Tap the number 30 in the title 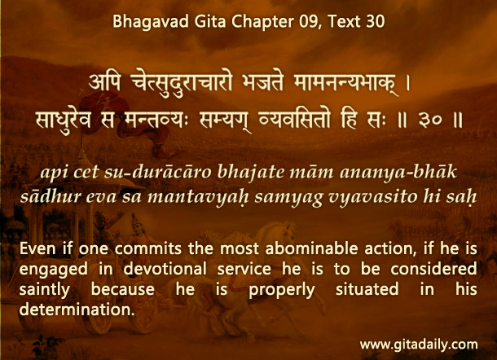point(376,21)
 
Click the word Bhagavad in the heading point(151,21)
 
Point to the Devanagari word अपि point(105,82)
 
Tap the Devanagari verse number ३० point(429,121)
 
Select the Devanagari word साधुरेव point(64,120)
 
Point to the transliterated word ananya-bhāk point(398,172)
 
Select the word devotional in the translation point(165,269)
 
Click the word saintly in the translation point(44,290)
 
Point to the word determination point(77,310)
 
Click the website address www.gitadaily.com point(419,345)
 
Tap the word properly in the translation point(282,290)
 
